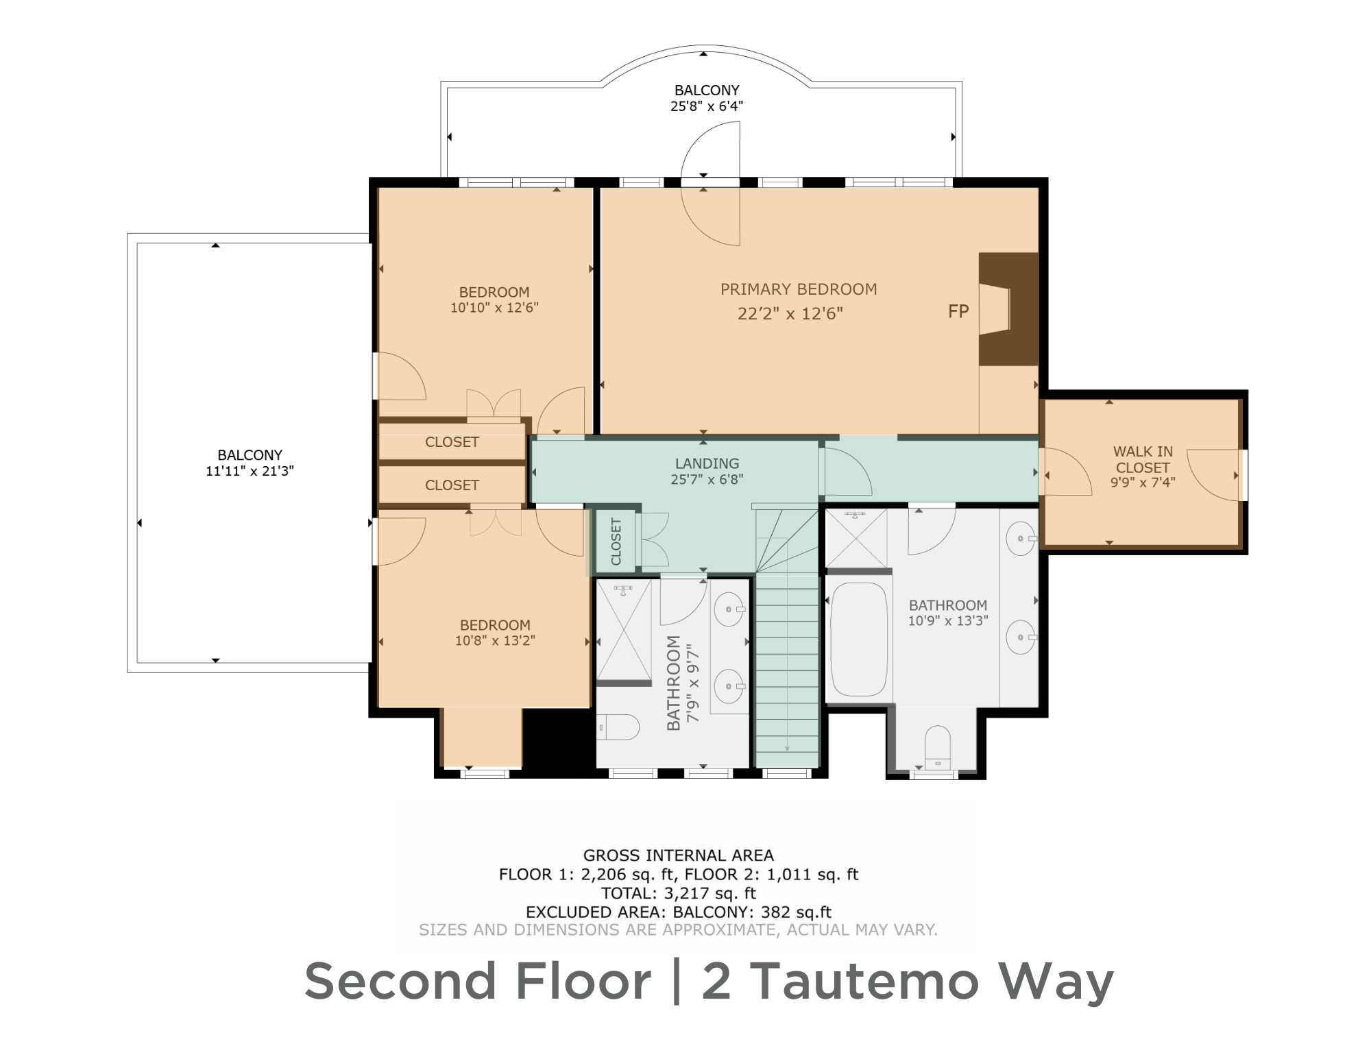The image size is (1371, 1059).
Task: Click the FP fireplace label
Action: pos(958,312)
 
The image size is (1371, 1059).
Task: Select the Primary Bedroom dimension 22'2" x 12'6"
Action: pos(790,314)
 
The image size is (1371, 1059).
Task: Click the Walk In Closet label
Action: pos(1142,459)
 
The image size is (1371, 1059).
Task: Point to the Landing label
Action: pos(707,463)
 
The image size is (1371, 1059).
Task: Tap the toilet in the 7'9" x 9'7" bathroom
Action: pos(619,727)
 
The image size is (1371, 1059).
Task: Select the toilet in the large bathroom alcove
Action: pos(937,747)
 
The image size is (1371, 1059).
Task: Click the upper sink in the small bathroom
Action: pos(729,609)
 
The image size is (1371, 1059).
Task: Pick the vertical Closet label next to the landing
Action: pos(616,541)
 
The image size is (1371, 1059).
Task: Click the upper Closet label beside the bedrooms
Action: pos(452,442)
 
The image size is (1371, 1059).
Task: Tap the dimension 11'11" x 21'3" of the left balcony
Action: pos(250,471)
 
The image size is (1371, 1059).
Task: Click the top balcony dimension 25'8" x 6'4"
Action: pos(706,106)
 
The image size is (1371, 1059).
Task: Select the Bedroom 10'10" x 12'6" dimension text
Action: pos(494,308)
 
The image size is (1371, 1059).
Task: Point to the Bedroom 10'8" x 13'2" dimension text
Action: pos(494,641)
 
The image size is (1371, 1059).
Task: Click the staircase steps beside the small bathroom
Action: pos(787,672)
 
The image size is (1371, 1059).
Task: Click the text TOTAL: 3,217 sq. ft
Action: pos(678,893)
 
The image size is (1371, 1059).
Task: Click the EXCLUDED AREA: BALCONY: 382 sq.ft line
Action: pos(678,912)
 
